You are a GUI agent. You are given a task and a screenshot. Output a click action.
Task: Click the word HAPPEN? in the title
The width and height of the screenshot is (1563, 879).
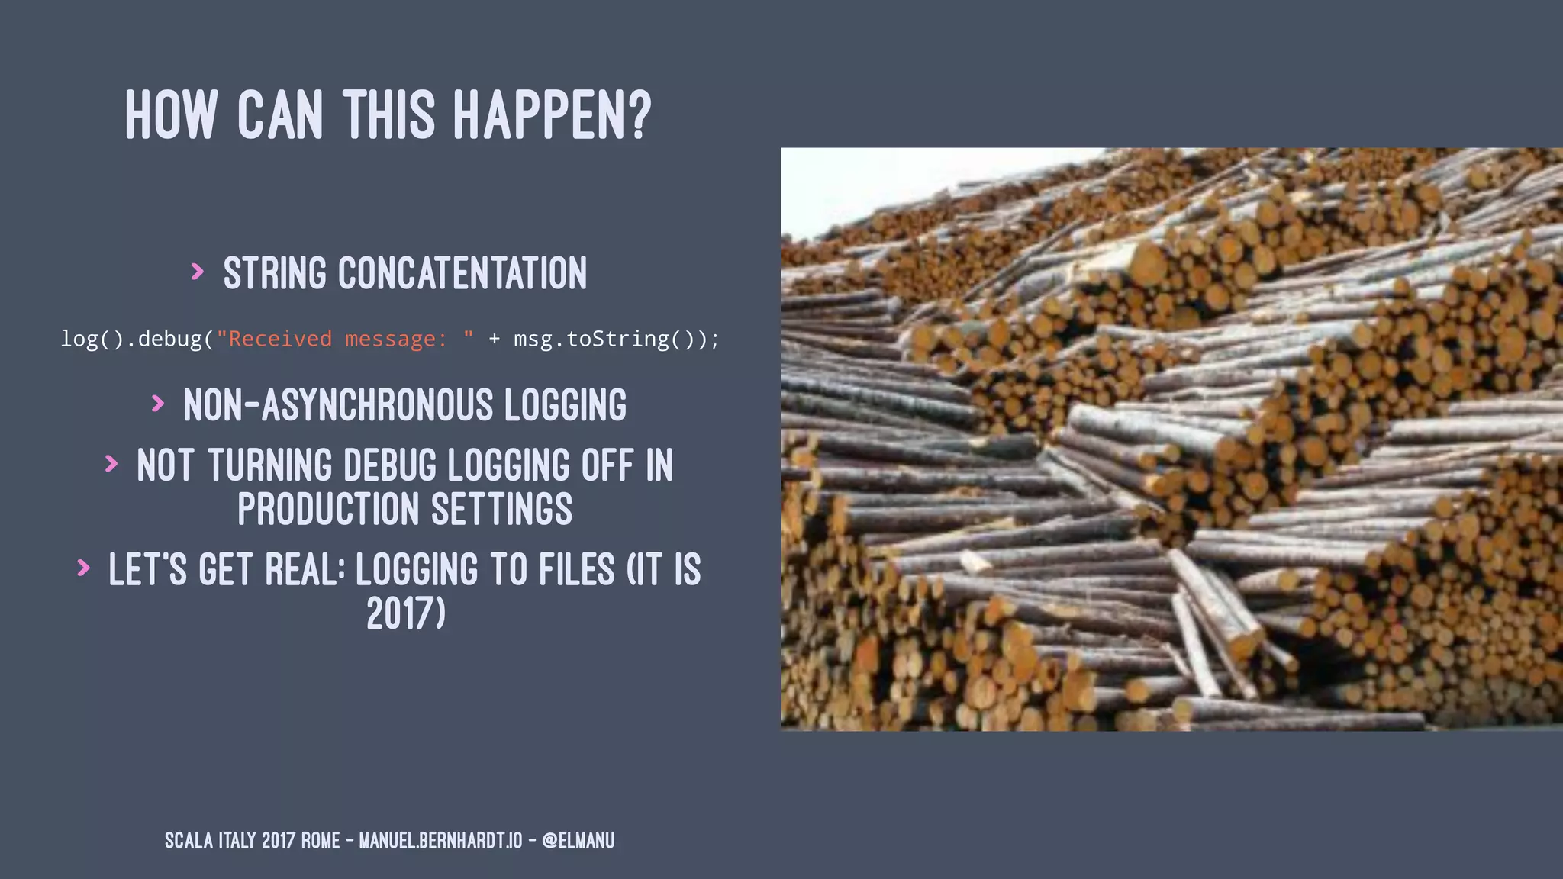tap(553, 115)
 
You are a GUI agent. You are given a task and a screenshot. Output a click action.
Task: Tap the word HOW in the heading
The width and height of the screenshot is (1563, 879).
tap(171, 115)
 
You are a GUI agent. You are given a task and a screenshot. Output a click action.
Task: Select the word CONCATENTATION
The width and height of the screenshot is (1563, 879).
tap(462, 273)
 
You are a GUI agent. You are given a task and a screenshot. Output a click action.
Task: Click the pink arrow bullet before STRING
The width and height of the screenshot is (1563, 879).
tap(198, 272)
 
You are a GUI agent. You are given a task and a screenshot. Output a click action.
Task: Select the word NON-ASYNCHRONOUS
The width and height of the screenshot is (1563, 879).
tap(338, 405)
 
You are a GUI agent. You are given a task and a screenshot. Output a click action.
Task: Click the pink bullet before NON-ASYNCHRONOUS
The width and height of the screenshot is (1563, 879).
tap(158, 403)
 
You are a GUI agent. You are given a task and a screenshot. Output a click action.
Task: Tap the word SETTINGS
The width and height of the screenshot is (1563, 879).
tap(501, 510)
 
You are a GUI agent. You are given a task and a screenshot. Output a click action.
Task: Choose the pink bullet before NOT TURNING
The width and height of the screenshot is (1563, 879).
tap(111, 463)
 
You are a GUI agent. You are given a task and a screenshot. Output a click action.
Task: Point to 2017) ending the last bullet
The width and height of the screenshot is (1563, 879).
tap(406, 613)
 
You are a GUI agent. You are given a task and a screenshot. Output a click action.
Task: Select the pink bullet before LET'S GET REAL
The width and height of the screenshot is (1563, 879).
tap(83, 568)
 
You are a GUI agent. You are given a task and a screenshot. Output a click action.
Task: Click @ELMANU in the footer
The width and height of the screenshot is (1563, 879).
tap(578, 841)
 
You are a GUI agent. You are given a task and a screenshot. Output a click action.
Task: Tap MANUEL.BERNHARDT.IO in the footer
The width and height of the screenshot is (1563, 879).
tap(440, 841)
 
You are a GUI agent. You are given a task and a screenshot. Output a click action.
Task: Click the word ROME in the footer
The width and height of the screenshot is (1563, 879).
tap(321, 841)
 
